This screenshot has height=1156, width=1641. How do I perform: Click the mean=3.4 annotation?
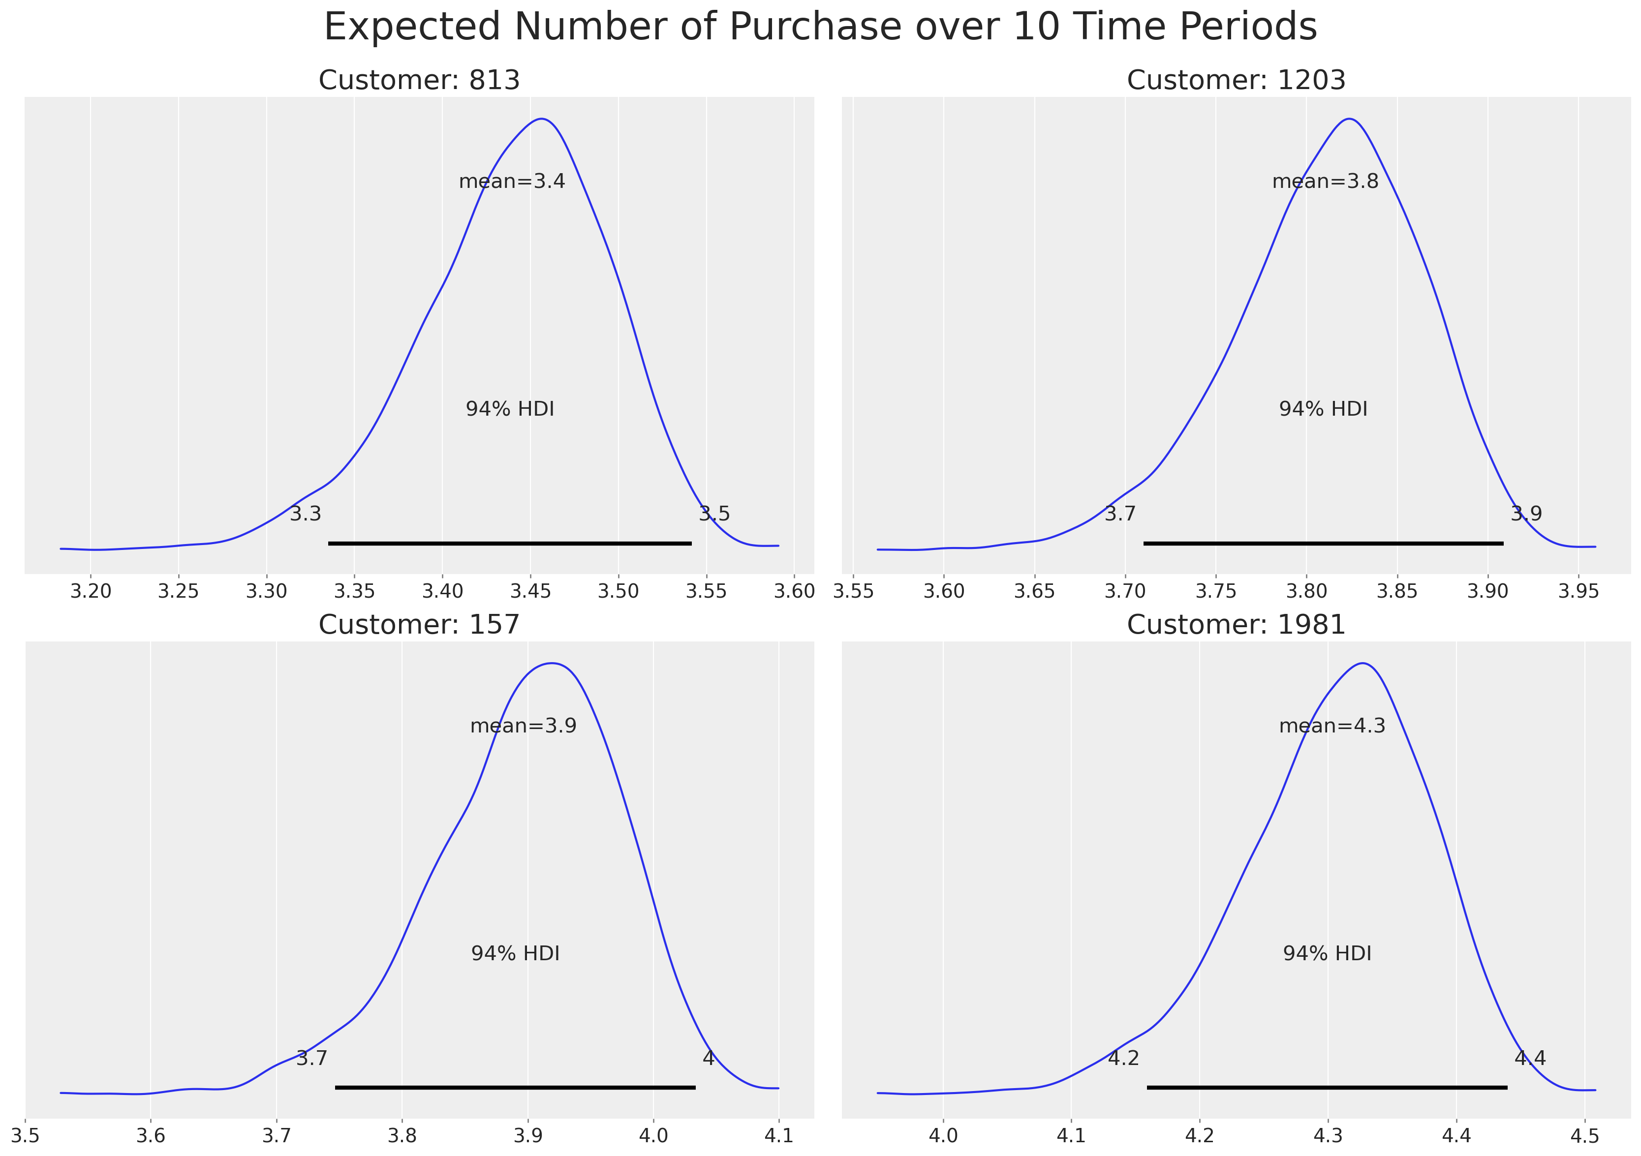click(512, 182)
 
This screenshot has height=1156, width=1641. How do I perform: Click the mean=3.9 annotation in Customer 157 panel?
click(523, 726)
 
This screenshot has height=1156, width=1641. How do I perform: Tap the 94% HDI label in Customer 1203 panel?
click(1323, 409)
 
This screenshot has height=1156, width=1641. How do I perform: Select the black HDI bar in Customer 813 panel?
click(510, 544)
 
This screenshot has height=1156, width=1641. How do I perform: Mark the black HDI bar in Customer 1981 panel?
click(1327, 1088)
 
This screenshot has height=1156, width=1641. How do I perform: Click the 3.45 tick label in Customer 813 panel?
click(530, 592)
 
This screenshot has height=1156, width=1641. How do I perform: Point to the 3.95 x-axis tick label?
click(1578, 592)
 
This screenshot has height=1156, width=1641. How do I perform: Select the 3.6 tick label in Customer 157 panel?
click(151, 1136)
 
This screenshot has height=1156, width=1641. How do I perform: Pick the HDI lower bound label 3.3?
click(305, 514)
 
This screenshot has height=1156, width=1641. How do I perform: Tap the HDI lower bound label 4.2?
click(1123, 1058)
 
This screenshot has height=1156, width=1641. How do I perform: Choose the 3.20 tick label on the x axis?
click(91, 592)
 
